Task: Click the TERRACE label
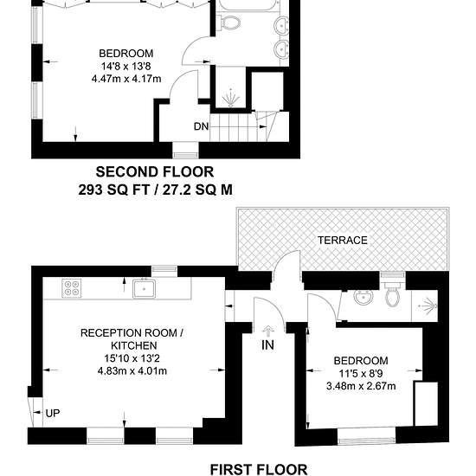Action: pos(343,240)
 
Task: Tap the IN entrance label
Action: pos(267,344)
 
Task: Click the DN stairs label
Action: pos(202,126)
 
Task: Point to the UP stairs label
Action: pos(53,413)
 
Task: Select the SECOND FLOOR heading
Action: pos(155,172)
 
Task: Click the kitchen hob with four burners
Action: pos(72,288)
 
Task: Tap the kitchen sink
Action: pos(144,288)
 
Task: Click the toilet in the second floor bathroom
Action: pos(230,23)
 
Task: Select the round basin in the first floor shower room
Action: pos(363,296)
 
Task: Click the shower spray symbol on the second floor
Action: pos(231,98)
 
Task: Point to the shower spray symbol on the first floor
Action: pos(428,306)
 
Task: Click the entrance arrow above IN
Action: pos(267,331)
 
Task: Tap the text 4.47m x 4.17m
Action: pos(126,79)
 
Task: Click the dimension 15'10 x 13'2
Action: pos(132,358)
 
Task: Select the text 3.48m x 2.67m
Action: pos(361,386)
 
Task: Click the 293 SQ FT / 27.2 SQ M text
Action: pos(156,190)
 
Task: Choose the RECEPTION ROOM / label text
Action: pos(132,333)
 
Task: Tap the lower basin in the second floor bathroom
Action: pos(282,49)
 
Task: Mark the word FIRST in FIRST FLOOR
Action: pos(233,469)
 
